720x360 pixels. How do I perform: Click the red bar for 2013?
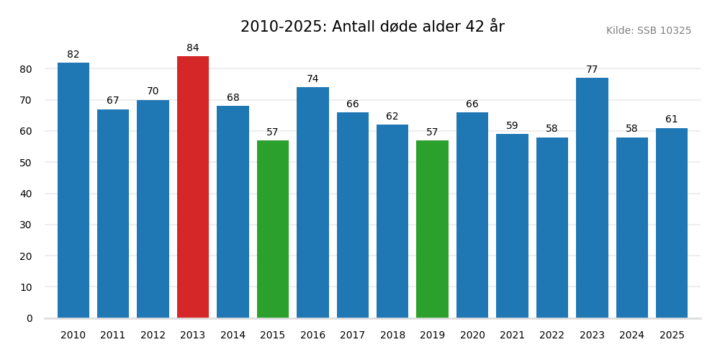[x=193, y=187]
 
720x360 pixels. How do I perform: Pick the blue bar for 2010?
[x=73, y=190]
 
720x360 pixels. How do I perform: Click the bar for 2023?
[x=592, y=198]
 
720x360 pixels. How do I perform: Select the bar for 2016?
[x=312, y=202]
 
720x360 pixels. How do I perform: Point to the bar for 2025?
[x=672, y=223]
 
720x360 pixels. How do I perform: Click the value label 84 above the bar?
[x=193, y=48]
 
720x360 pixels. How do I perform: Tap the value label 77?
[x=592, y=70]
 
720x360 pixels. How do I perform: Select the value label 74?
[x=312, y=79]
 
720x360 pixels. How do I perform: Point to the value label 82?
[x=73, y=55]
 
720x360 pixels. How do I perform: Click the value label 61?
[x=672, y=120]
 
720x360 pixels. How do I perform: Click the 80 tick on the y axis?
[x=26, y=69]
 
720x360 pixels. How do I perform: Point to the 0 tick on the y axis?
[x=30, y=318]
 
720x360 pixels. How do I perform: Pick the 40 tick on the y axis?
[x=26, y=194]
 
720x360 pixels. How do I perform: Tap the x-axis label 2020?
[x=472, y=336]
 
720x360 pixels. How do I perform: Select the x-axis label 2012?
[x=153, y=336]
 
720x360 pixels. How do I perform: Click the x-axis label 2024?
[x=631, y=336]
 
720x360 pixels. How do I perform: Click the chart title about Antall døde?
[x=372, y=27]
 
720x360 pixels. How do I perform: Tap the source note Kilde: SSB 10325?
[x=648, y=31]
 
